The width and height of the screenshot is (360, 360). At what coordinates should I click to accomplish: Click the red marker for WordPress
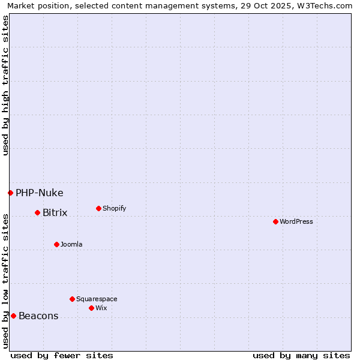[275, 221]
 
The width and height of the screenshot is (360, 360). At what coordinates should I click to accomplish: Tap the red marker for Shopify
[98, 208]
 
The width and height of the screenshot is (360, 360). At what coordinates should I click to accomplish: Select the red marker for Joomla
[56, 244]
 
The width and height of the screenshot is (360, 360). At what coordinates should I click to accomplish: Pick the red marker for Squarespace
[72, 299]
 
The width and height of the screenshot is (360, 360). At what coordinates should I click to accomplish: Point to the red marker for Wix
[91, 308]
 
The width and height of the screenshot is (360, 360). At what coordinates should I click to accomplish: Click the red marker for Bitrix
[37, 212]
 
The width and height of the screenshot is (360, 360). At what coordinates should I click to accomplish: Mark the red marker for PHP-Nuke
[10, 193]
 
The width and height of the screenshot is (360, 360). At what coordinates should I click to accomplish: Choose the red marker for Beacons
[13, 316]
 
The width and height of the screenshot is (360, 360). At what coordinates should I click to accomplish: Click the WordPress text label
[296, 221]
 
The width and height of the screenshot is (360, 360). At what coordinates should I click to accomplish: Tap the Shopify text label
[115, 208]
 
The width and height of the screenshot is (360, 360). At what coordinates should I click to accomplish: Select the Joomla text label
[71, 244]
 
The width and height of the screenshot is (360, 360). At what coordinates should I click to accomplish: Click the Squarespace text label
[97, 299]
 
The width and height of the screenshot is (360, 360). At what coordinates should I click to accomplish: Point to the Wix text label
[101, 308]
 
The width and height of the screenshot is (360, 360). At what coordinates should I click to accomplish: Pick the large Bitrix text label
[55, 213]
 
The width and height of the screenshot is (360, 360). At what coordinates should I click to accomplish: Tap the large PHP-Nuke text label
[40, 193]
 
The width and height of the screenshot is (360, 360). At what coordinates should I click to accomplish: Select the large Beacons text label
[38, 316]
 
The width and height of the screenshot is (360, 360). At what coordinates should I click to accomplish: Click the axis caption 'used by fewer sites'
[62, 355]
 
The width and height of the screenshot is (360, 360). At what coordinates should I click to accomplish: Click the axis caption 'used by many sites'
[301, 355]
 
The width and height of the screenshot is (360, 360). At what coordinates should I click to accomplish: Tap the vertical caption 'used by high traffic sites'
[6, 85]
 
